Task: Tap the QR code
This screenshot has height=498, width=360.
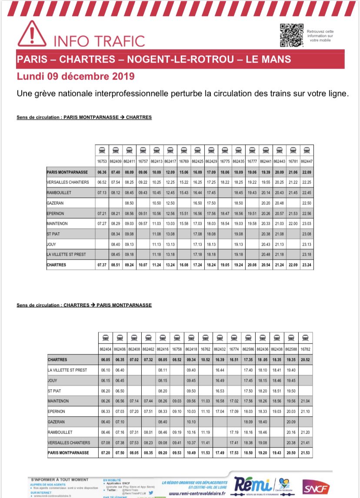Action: click(291, 34)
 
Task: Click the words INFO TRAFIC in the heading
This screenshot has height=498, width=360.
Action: click(99, 41)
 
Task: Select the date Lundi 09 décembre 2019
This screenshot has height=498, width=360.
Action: click(76, 77)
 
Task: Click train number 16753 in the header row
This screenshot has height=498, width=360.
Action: click(102, 160)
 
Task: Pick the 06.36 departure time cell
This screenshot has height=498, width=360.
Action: click(102, 172)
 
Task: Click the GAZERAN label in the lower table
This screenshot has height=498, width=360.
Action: click(57, 422)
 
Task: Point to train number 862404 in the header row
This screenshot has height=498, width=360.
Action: click(106, 349)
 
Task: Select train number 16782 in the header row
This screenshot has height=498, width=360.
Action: click(305, 349)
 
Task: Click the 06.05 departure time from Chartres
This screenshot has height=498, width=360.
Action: click(106, 360)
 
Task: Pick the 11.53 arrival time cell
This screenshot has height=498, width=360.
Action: click(205, 453)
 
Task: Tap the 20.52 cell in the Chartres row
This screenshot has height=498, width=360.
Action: click(305, 360)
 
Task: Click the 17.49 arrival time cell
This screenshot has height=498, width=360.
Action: click(220, 453)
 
